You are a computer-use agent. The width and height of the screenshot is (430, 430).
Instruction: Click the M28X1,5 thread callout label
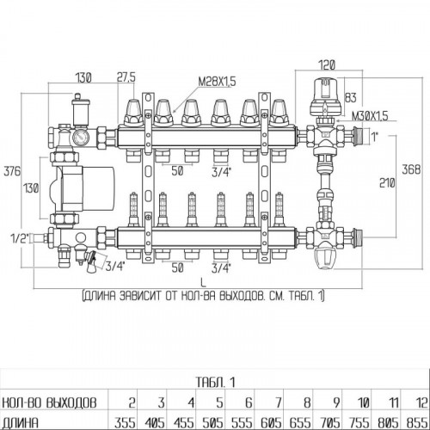click(x=217, y=82)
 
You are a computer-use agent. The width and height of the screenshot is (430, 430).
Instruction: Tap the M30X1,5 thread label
click(x=370, y=116)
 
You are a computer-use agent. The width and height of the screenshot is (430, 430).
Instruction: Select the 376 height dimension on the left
click(x=12, y=171)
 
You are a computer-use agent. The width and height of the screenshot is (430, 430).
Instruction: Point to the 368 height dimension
click(x=411, y=169)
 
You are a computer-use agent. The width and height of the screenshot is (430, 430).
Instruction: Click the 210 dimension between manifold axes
click(x=387, y=182)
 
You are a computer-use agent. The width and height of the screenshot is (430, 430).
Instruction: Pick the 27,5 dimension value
click(x=126, y=77)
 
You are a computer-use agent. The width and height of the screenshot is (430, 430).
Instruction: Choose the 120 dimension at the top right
click(x=327, y=64)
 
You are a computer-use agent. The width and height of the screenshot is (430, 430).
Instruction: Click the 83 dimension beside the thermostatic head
click(x=350, y=98)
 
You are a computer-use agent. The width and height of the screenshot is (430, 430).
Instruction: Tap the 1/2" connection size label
click(x=20, y=237)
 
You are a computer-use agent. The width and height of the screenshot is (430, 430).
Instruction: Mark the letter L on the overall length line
click(x=203, y=283)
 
